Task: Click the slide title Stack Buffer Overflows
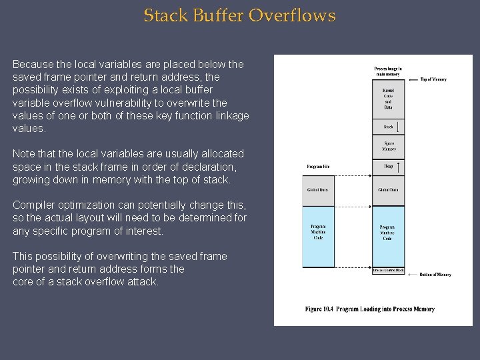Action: (x=239, y=15)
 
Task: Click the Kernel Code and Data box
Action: (x=388, y=99)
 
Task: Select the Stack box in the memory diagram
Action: (x=388, y=126)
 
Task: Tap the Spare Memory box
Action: (x=388, y=146)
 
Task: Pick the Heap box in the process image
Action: (x=388, y=166)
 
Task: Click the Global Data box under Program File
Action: (x=318, y=191)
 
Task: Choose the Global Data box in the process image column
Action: (x=388, y=191)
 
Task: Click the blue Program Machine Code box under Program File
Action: (x=318, y=232)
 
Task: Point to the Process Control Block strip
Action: (x=388, y=271)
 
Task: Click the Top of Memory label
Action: (x=433, y=79)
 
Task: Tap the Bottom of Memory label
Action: (x=435, y=275)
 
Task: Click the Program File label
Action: (x=318, y=166)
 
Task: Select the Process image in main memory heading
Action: (x=388, y=71)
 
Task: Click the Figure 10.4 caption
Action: (x=369, y=309)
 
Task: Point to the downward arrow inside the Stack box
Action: (x=397, y=126)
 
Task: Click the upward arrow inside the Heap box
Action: (x=398, y=166)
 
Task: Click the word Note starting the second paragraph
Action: (x=23, y=154)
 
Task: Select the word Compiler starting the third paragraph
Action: (x=33, y=205)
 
